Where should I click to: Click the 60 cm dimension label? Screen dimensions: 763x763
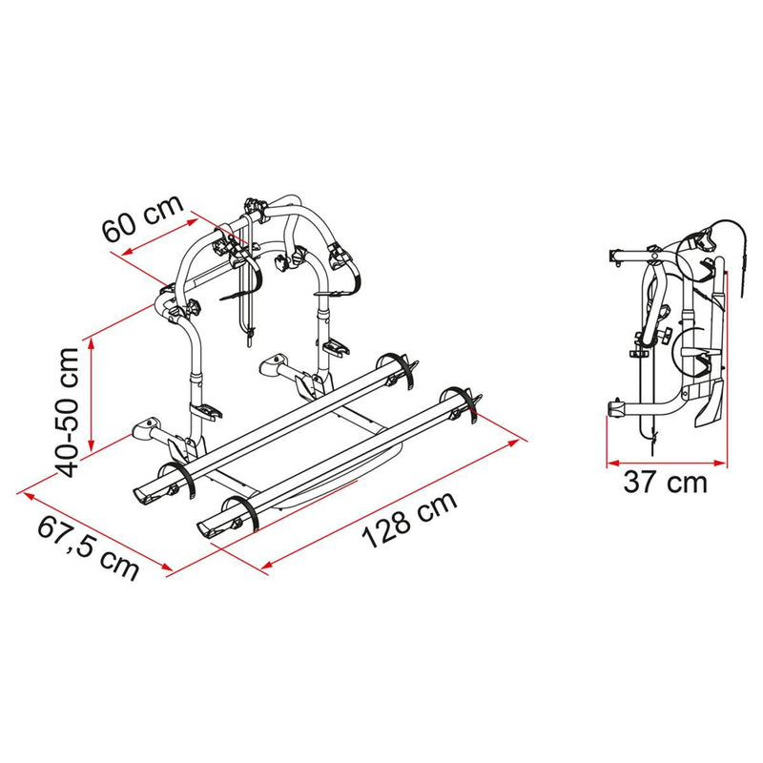[x=142, y=218]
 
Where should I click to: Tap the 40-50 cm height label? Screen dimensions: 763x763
[x=67, y=412]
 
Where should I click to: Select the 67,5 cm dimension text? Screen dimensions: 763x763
[x=88, y=548]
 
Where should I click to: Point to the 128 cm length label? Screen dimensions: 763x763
[x=410, y=519]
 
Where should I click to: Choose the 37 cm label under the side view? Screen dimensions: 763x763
[x=665, y=483]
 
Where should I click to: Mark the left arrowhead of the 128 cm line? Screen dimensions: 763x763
[x=268, y=564]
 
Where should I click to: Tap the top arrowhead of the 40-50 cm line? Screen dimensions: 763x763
[x=91, y=343]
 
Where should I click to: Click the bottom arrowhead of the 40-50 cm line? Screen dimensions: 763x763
[x=91, y=445]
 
